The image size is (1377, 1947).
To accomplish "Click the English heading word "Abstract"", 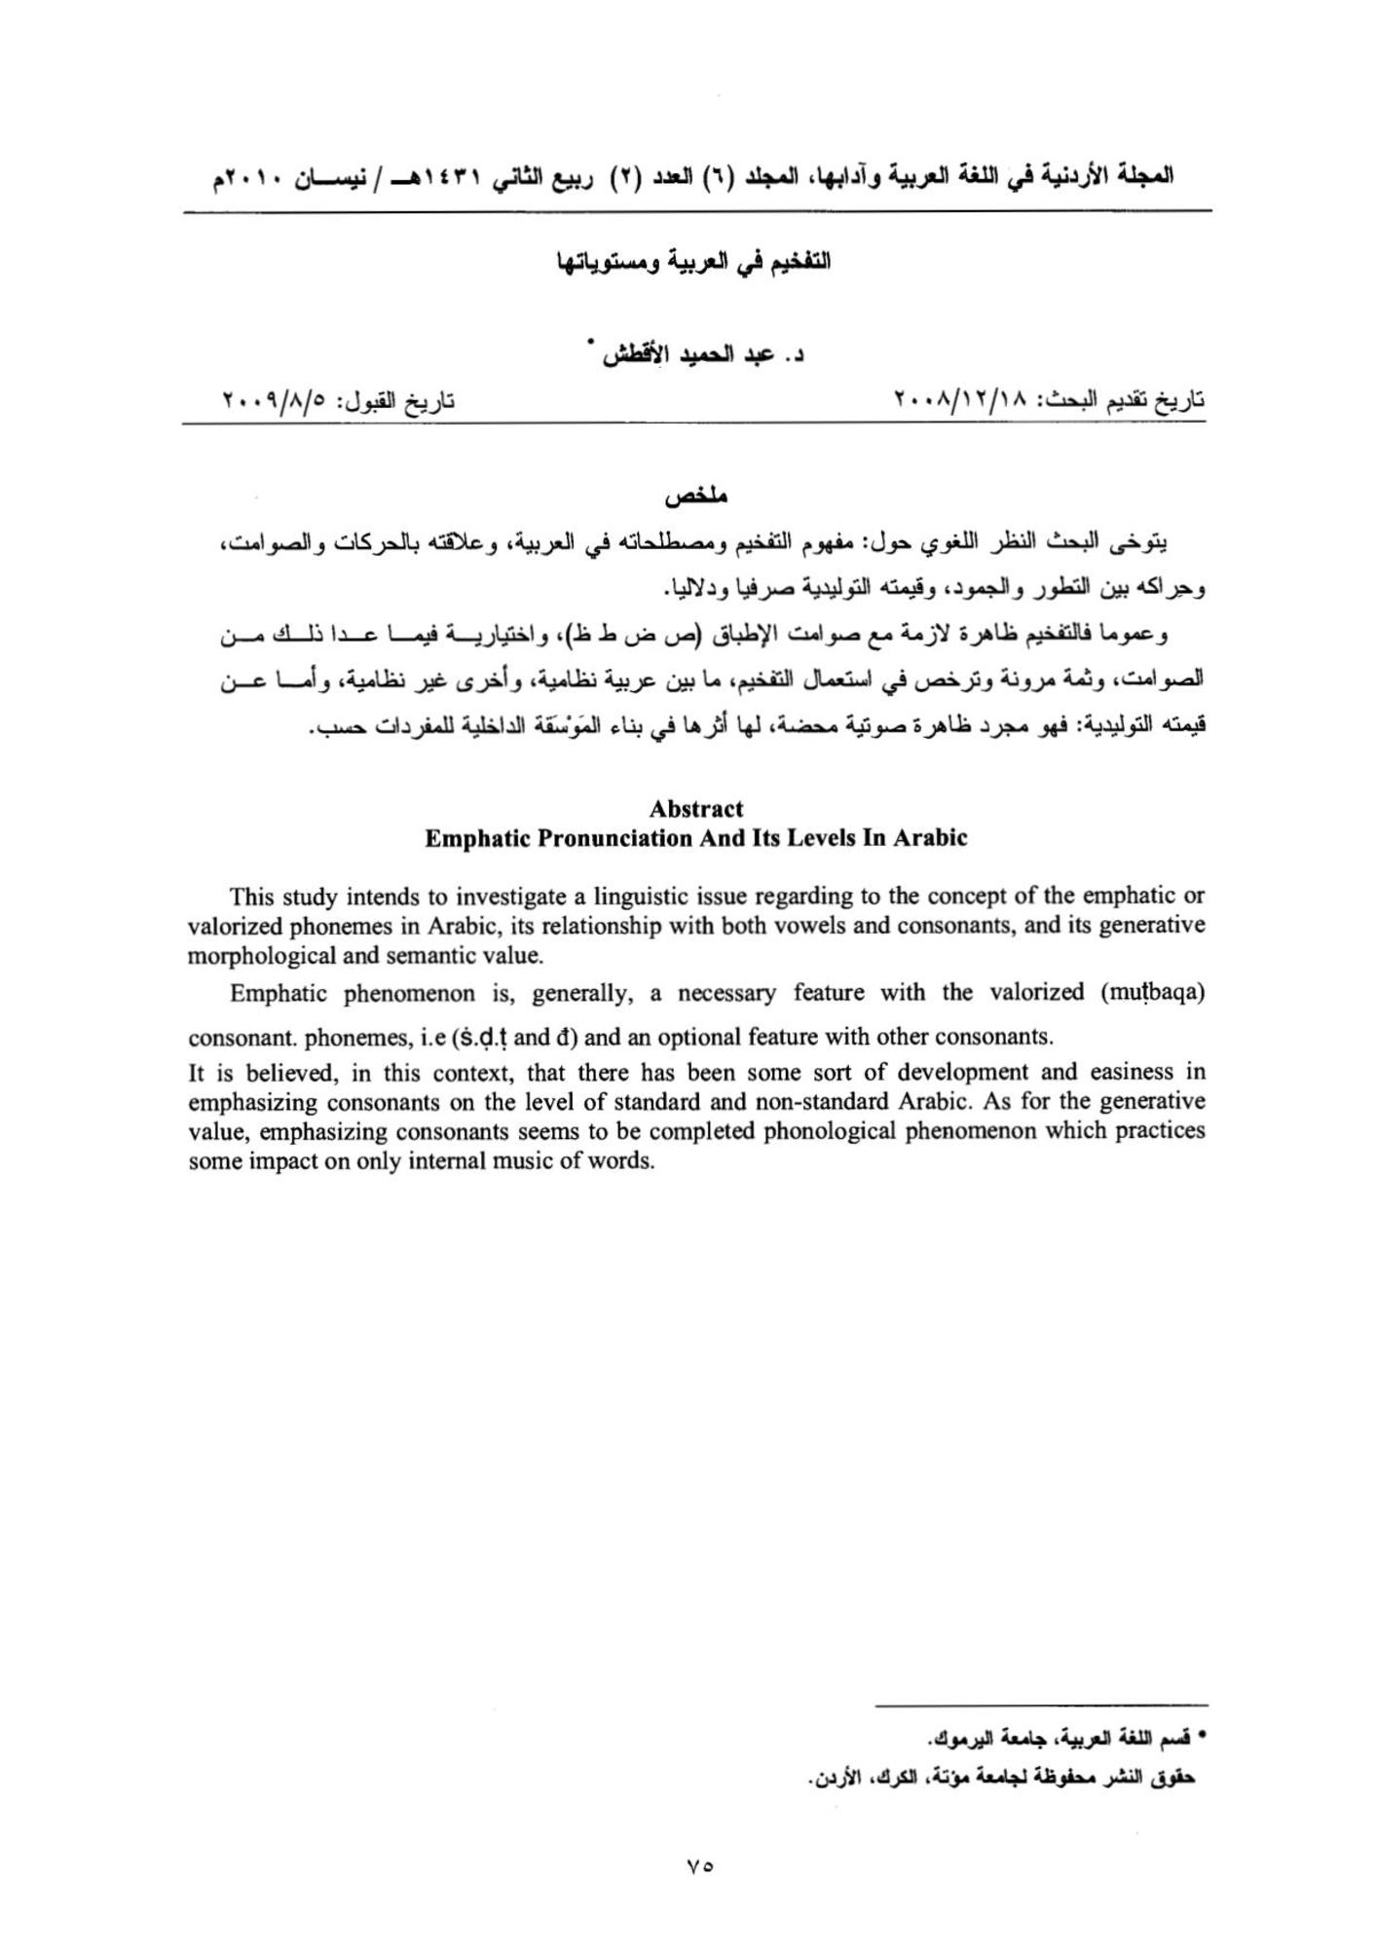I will (x=695, y=809).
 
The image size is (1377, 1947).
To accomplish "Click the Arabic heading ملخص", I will (x=697, y=496).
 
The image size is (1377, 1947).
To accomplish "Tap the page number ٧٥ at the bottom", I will (x=698, y=1865).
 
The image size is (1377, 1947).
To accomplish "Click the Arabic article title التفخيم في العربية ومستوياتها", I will (x=692, y=263).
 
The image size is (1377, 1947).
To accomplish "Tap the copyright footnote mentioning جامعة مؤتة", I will (x=1003, y=1777).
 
